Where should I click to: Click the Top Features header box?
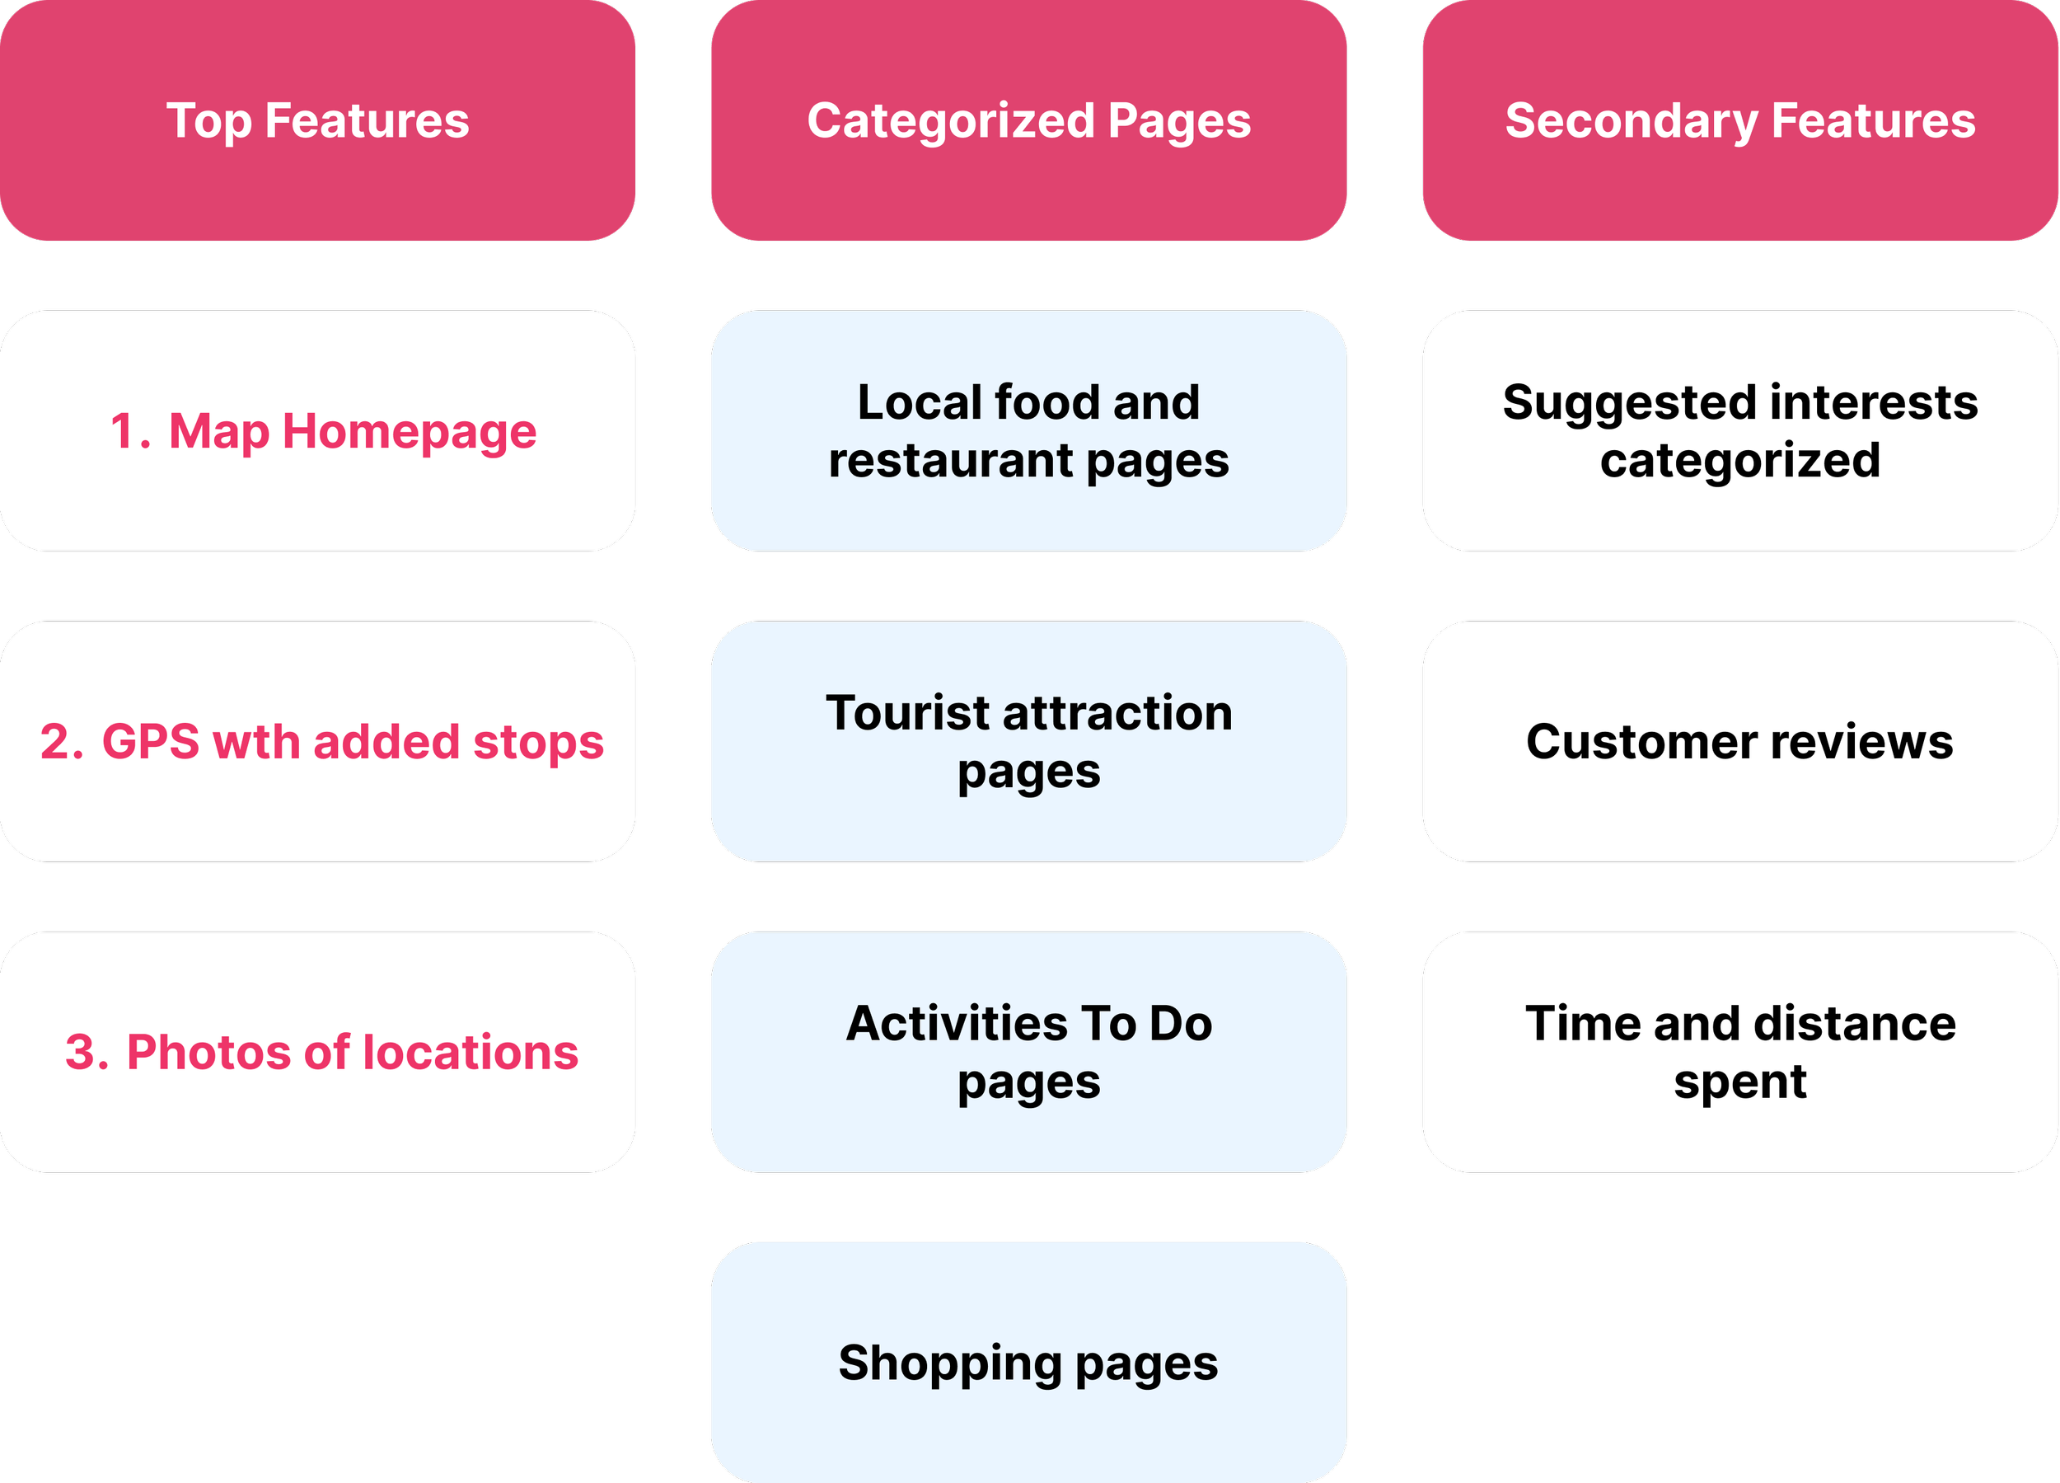[x=317, y=120]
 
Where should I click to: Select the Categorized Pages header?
[x=1028, y=120]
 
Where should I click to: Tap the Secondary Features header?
[x=1739, y=120]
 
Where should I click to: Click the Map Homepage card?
[x=317, y=431]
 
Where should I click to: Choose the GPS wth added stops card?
[x=317, y=742]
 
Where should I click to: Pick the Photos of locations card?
[x=317, y=1051]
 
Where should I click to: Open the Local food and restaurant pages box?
[x=1028, y=431]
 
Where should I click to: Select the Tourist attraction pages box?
[x=1028, y=742]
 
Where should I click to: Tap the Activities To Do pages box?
[x=1028, y=1051]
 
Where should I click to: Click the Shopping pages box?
[x=1028, y=1362]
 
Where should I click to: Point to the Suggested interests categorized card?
[x=1739, y=431]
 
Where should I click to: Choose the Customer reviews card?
[x=1739, y=742]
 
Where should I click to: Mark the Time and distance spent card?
[x=1739, y=1051]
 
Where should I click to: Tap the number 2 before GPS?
[x=59, y=742]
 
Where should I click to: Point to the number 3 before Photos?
[x=85, y=1052]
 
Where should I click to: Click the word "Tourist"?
[x=907, y=712]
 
